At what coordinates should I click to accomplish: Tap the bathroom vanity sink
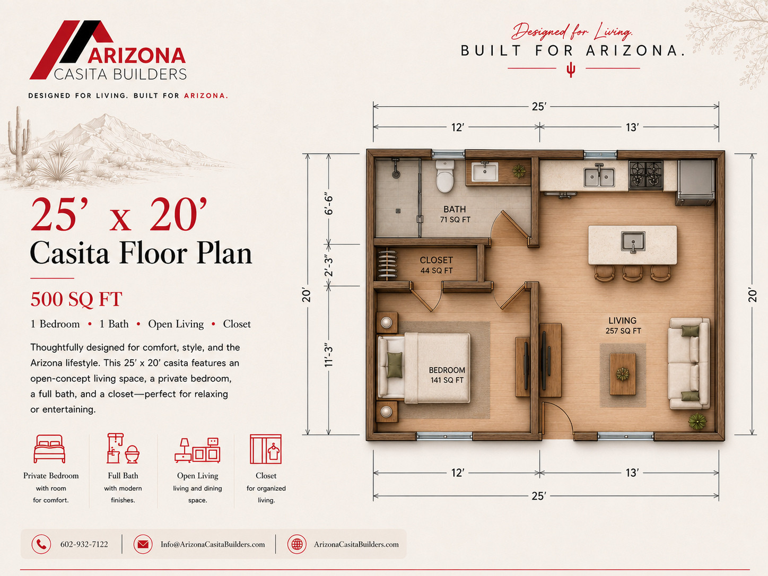coord(485,172)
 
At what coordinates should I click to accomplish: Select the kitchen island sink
coord(633,242)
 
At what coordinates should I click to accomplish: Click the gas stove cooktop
coord(645,175)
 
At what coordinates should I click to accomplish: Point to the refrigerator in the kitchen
coord(695,182)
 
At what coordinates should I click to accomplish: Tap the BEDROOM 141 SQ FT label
coord(447,375)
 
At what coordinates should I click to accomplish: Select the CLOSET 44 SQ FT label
coord(437,265)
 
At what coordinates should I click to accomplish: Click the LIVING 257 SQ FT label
coord(623,326)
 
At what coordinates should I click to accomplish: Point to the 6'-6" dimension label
coord(328,203)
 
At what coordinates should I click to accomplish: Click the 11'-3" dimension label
coord(328,355)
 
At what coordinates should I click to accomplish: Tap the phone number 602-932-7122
coord(84,544)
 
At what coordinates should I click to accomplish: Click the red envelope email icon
coord(143,544)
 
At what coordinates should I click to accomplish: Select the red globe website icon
coord(296,544)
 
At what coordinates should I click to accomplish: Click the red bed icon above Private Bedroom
coord(49,449)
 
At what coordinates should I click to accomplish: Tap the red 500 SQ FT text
coord(76,299)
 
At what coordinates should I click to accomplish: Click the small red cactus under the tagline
coord(571,69)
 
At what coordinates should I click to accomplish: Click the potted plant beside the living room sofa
coord(697,421)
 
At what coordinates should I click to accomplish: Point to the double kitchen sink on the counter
coord(599,176)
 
